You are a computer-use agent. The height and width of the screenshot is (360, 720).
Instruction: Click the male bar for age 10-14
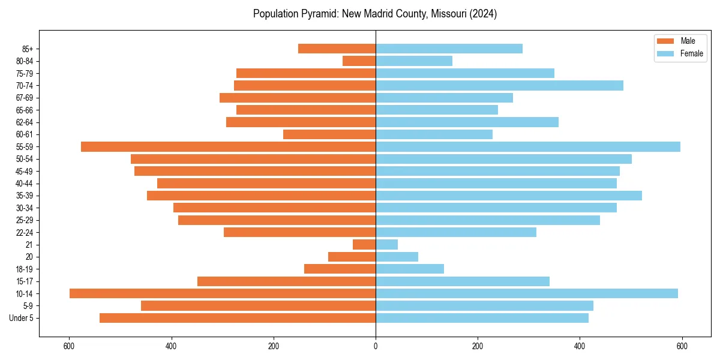pos(223,293)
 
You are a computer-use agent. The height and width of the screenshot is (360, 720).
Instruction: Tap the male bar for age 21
pos(364,245)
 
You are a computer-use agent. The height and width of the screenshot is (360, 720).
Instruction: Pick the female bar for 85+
pos(449,49)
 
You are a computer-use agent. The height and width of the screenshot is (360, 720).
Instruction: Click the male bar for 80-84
pos(359,61)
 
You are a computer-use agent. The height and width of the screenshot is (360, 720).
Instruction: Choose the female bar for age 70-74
pos(499,85)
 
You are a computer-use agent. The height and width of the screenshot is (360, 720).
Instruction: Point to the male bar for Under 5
pos(238,318)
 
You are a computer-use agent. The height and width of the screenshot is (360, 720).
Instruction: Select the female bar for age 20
pos(397,257)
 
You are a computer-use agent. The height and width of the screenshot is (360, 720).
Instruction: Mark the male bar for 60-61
pos(329,134)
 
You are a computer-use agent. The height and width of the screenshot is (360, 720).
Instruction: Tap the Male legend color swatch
pos(666,41)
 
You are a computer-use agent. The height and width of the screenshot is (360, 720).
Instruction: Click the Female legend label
pos(691,53)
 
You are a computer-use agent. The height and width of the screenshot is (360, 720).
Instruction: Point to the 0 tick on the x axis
pos(376,346)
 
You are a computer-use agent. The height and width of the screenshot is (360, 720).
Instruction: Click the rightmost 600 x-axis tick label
pos(682,346)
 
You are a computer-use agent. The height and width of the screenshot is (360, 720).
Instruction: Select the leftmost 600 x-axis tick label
pos(70,346)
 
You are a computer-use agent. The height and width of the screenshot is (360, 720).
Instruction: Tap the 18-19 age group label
pos(25,269)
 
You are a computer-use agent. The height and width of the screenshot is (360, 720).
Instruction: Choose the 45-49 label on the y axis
pos(25,171)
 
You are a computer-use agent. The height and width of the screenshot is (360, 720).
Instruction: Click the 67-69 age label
pos(25,98)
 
